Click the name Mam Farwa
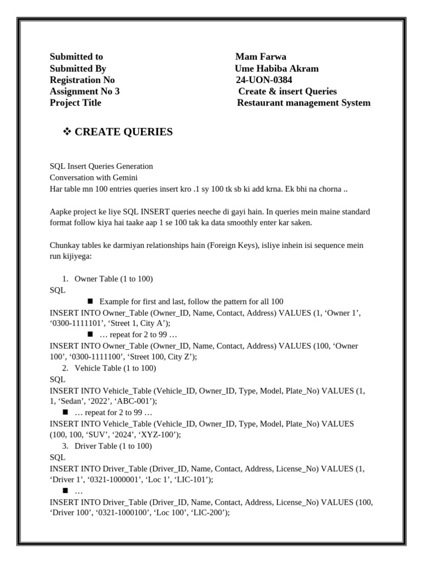(261, 57)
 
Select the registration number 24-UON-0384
(264, 80)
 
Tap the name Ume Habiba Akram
(276, 68)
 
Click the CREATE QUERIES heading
(123, 132)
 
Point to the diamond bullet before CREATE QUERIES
(68, 132)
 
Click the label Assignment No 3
(84, 91)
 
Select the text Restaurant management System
(303, 103)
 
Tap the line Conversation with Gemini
(93, 178)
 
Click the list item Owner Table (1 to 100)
(113, 279)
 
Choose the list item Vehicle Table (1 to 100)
(115, 368)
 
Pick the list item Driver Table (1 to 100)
(113, 446)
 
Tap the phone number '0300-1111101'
(74, 323)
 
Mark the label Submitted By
(78, 68)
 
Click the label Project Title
(75, 103)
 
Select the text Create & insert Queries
(287, 91)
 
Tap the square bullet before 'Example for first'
(90, 301)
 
